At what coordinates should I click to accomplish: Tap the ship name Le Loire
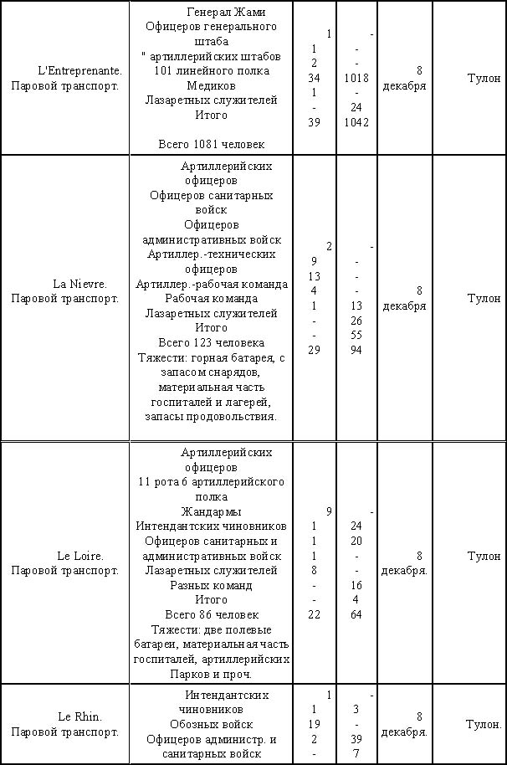coord(79,556)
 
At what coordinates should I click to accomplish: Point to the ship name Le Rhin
coord(79,716)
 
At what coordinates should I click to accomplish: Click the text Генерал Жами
coord(220,13)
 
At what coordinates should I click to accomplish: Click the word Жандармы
coord(211,511)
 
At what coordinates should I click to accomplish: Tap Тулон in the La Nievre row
coord(484,298)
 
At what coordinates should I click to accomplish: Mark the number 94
coord(356,350)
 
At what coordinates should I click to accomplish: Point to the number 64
coord(356,615)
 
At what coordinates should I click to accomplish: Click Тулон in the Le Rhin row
coord(484,724)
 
